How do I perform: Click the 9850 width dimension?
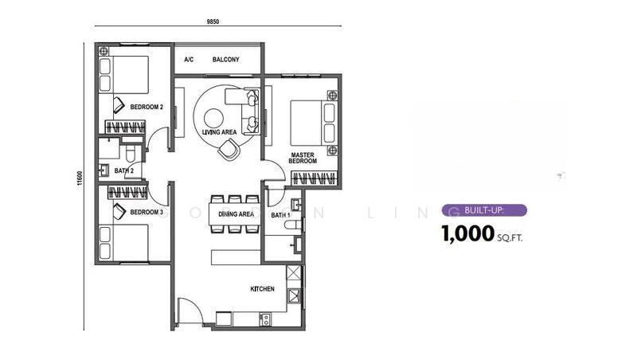tap(213, 22)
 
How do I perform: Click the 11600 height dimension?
tap(80, 178)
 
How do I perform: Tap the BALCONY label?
tap(226, 60)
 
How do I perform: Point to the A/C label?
tap(189, 60)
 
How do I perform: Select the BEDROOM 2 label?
tap(147, 108)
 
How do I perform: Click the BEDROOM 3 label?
tap(147, 212)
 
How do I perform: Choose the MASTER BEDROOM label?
tap(303, 158)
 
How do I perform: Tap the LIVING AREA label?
tap(220, 132)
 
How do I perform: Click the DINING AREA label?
tap(236, 214)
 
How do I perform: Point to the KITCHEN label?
tap(262, 289)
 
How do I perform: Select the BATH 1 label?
tap(281, 214)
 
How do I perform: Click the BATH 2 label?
tap(124, 170)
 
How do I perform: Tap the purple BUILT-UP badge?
tap(484, 210)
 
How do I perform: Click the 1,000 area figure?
tap(467, 234)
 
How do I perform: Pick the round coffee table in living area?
tap(213, 119)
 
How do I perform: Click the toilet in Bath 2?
tap(130, 154)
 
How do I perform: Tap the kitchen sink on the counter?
tap(265, 319)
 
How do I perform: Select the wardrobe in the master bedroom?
tap(315, 178)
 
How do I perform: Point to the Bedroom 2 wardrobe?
tap(125, 127)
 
